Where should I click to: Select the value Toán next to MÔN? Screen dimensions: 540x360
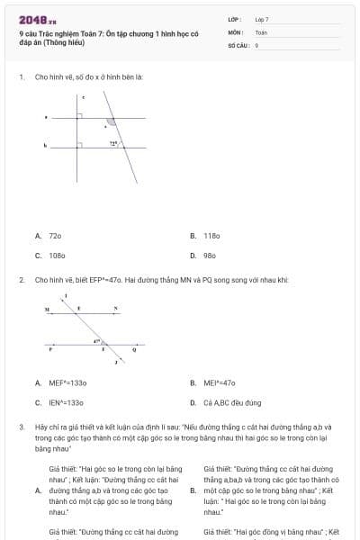coord(261,31)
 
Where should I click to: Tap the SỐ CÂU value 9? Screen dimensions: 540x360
coord(257,44)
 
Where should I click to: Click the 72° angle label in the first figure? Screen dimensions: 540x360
coord(113,142)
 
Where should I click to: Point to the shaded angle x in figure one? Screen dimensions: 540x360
coord(110,121)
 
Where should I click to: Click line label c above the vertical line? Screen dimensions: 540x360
coord(84,96)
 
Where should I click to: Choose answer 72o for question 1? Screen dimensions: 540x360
coord(55,236)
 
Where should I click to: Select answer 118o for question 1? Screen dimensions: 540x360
coord(211,236)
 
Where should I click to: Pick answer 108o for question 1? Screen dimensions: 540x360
coord(56,256)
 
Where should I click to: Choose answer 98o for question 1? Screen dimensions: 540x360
coord(211,256)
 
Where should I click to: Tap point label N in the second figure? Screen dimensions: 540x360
coord(115,309)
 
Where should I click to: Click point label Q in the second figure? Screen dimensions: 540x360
coord(134,348)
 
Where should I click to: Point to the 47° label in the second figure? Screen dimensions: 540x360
coord(96,341)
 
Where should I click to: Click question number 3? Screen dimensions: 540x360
coord(21,426)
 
